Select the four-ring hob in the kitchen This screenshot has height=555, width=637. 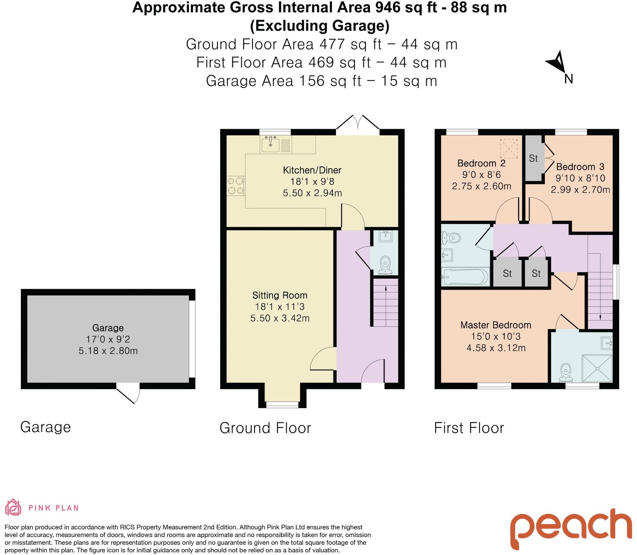point(236,186)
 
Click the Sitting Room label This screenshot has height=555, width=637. point(280,295)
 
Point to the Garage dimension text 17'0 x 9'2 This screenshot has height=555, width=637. point(108,339)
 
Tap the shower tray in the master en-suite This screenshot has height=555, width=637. point(597,368)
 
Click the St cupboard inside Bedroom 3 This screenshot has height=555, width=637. point(533,158)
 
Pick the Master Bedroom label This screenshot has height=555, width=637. point(496,325)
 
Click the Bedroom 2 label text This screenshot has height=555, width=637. point(481,163)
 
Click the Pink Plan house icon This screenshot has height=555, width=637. point(13,508)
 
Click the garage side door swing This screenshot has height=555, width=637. point(130,393)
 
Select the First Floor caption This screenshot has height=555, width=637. point(469,428)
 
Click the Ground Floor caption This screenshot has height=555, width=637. point(265,428)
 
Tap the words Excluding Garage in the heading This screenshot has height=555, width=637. point(319,26)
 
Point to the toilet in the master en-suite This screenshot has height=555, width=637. point(566,372)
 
